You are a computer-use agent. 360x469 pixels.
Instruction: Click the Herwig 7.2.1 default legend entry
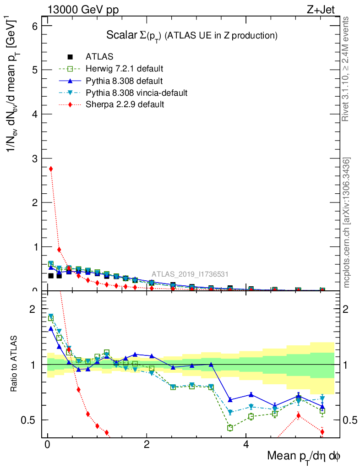pos(124,69)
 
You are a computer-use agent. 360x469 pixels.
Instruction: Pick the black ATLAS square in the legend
pos(70,57)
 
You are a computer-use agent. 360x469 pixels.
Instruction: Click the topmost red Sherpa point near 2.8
pos(51,169)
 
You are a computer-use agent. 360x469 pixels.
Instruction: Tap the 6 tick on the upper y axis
pos(34,26)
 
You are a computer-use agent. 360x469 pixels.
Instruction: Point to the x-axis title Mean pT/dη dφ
pos(304,456)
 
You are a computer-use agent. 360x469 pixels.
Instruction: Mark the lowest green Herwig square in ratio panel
pos(230,428)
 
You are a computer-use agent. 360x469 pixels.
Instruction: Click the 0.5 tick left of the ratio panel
pos(31,420)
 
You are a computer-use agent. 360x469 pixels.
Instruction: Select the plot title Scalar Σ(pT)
pos(192,35)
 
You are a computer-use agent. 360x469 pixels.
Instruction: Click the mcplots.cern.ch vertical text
pos(346,223)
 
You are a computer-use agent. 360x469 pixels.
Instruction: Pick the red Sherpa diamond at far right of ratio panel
pos(322,431)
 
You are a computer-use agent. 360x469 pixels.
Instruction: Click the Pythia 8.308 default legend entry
pos(124,81)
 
